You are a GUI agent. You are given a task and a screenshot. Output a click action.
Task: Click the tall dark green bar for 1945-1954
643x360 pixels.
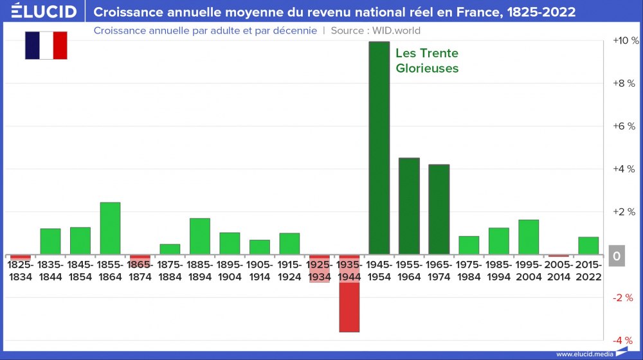click(379, 148)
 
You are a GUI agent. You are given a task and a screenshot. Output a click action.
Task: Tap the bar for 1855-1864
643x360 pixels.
click(110, 228)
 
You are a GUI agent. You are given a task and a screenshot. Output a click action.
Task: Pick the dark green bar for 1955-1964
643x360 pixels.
click(409, 206)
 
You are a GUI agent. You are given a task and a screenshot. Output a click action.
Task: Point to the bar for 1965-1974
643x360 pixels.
click(439, 209)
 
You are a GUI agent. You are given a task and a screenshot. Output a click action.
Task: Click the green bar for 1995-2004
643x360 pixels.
click(529, 237)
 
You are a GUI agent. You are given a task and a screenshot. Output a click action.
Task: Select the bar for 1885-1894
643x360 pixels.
click(200, 237)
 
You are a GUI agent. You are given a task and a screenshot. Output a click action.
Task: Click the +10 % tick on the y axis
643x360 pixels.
click(626, 40)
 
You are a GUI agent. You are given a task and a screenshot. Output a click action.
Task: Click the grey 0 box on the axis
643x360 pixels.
click(617, 256)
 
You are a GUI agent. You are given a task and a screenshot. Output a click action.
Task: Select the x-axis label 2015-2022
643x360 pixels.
click(588, 271)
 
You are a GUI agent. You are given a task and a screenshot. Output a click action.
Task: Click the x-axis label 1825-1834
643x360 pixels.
click(20, 271)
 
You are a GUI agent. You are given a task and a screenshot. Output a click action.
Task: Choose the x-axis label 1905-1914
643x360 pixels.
click(260, 271)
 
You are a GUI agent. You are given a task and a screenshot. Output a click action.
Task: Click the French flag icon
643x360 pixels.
click(46, 45)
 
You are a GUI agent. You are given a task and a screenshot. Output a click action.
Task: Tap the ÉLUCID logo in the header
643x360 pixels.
click(44, 12)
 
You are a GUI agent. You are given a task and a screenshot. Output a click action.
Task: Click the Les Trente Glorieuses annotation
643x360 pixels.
click(427, 60)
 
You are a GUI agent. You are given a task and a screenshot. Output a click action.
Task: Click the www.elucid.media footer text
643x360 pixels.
click(584, 354)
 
